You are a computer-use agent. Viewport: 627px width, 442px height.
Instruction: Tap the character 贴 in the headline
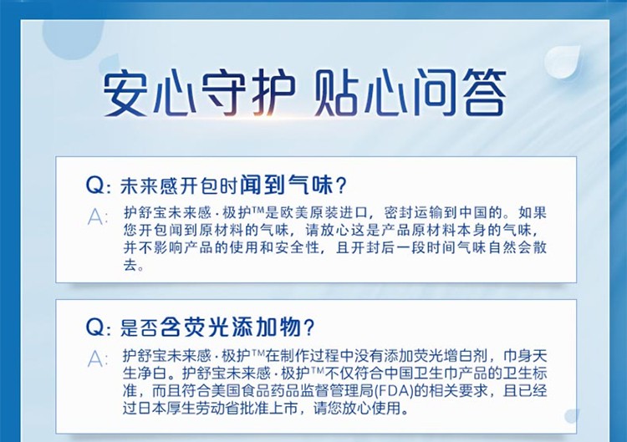click(336, 92)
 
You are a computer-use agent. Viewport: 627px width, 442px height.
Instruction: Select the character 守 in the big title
click(223, 92)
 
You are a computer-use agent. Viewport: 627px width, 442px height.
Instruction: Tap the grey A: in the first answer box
click(98, 217)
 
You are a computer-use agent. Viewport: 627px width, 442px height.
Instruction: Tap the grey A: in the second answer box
click(98, 359)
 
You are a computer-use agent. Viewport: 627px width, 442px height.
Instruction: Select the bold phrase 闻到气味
click(286, 185)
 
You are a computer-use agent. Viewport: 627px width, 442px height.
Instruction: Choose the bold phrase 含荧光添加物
click(231, 328)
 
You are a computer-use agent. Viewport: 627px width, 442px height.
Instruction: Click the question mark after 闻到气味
click(341, 185)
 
